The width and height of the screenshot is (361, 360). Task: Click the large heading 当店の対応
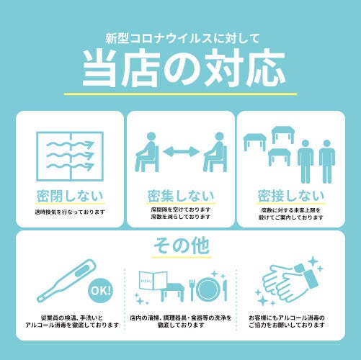tap(184, 68)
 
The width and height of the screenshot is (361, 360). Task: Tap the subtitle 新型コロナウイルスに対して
tap(183, 38)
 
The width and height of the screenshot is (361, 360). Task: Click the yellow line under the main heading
tap(180, 94)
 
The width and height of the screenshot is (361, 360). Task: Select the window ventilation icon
tap(70, 156)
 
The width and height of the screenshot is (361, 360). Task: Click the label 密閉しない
tap(70, 196)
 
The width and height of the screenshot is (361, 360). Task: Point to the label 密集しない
tap(181, 196)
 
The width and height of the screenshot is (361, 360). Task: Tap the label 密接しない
tap(291, 196)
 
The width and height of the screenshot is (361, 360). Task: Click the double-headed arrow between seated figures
tap(182, 152)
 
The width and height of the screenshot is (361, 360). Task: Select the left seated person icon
tap(147, 152)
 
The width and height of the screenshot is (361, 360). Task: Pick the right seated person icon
tap(215, 152)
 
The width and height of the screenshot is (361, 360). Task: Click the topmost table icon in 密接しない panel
tap(282, 135)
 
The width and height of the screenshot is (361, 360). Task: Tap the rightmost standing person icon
tap(327, 161)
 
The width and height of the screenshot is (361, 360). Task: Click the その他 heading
tap(182, 246)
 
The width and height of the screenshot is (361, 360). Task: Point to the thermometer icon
tap(66, 281)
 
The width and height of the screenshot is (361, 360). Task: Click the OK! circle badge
tap(101, 291)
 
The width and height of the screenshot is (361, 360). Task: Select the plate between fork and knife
tap(208, 289)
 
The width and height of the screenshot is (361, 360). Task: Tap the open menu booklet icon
tap(153, 280)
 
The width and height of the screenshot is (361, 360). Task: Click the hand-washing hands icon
tap(288, 283)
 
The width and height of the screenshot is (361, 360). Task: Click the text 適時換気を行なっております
tap(70, 212)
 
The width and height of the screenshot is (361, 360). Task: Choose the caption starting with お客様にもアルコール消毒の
tap(287, 322)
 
